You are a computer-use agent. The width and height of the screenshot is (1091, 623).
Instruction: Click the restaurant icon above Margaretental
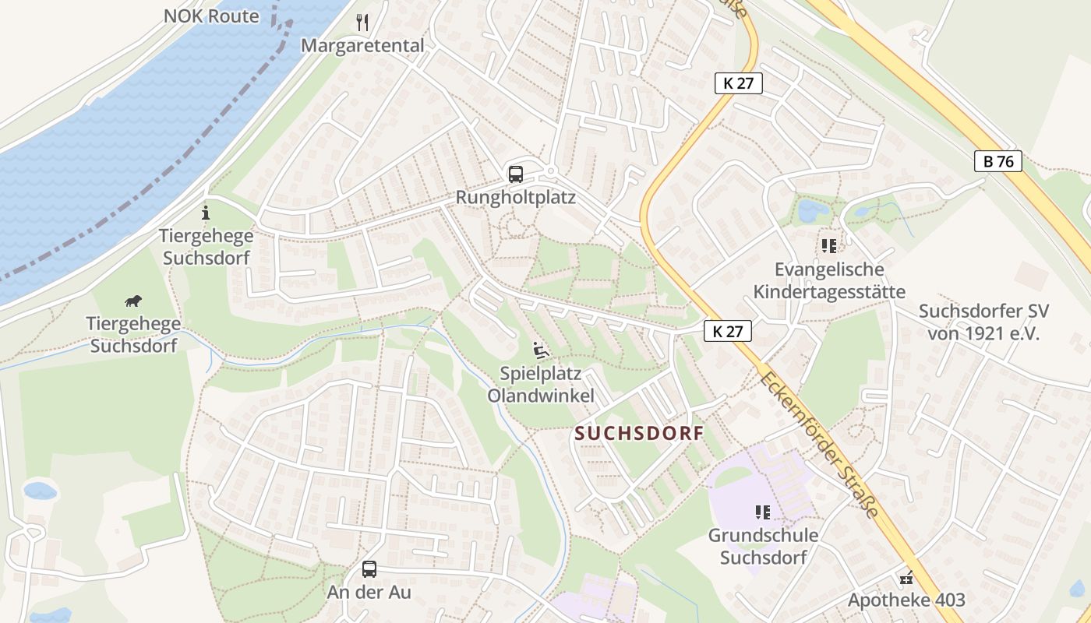coord(362,22)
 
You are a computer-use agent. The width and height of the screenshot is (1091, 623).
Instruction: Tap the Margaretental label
coord(362,45)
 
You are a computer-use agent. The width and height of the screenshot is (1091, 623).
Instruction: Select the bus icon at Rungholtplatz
coord(516,174)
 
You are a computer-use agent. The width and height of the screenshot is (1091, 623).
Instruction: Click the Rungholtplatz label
coord(516,197)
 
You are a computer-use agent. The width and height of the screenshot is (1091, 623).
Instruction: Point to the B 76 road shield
coord(998,161)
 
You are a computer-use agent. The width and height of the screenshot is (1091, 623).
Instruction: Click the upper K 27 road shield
coord(738,83)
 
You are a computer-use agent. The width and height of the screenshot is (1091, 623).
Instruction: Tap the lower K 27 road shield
coord(727,331)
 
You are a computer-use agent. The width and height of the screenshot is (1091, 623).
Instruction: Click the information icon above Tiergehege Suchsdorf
coord(206,212)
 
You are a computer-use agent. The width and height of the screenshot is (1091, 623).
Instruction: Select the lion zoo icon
coord(133,301)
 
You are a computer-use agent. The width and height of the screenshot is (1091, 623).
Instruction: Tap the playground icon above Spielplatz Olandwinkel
coord(540,350)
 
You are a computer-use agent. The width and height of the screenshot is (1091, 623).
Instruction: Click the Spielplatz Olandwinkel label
coord(541,384)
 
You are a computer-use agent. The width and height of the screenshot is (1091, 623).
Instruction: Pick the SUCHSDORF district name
coord(639,434)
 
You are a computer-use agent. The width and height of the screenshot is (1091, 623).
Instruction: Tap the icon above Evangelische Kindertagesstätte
coord(828,246)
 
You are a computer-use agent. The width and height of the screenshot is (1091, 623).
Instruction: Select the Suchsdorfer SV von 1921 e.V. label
coord(983,322)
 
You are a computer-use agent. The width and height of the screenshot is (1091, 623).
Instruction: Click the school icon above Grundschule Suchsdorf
coord(762,512)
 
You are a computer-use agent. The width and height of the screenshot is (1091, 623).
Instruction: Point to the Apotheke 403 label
coord(906,600)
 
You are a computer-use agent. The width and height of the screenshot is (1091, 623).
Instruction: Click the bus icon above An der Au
coord(369,569)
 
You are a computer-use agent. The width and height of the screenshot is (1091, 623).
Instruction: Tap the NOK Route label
coord(211,16)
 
